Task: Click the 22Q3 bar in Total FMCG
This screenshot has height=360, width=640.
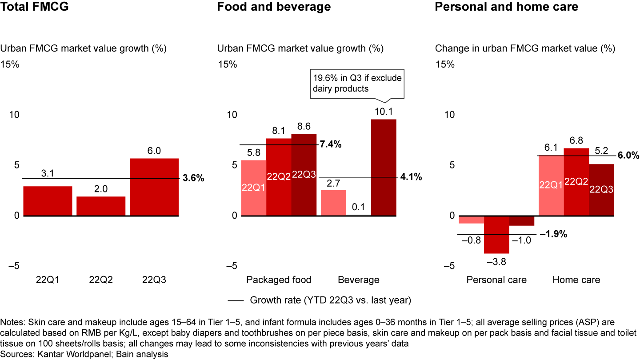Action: pos(154,187)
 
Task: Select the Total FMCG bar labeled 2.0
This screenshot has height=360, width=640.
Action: pos(101,206)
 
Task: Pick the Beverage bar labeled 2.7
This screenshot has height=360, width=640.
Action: pos(333,203)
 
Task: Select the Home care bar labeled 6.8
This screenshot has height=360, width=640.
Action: pos(576,182)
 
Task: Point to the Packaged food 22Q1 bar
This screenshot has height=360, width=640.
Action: pos(253,188)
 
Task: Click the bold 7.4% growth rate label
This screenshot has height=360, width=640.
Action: pos(330,144)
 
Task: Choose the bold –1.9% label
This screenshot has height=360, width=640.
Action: pos(553,234)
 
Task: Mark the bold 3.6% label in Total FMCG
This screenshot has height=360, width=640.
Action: pos(193,179)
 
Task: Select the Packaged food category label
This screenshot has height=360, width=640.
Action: pos(279,280)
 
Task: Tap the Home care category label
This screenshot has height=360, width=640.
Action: pos(576,280)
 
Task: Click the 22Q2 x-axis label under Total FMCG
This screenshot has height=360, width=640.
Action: pos(101,280)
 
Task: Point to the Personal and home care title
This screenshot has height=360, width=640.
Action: pos(506,7)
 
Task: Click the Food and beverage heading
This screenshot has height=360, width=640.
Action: pos(274,7)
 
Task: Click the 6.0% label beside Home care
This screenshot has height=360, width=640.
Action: pos(628,156)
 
